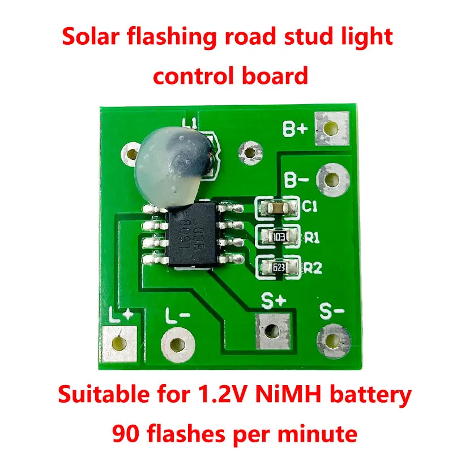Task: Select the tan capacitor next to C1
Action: (277, 208)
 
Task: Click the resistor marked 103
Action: (277, 236)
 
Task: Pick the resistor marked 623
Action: (277, 266)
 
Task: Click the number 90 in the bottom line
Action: (126, 434)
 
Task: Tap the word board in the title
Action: (273, 75)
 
